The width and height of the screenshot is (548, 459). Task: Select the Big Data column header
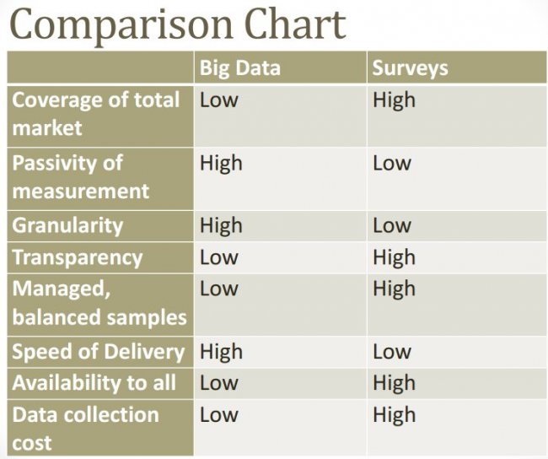point(239,68)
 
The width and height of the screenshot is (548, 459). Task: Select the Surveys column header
point(410,68)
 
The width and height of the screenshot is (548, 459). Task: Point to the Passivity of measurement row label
point(80,177)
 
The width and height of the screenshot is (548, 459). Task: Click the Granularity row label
point(67,225)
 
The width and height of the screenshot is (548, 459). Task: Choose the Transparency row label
point(77,257)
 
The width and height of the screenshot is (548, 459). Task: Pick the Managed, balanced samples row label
point(99,303)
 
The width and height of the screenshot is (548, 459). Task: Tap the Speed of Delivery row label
point(98,352)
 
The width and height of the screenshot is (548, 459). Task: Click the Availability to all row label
point(94,383)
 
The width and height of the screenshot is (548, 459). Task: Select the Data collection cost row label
point(85,429)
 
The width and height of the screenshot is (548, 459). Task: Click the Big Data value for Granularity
point(220,225)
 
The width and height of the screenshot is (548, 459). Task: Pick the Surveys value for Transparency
point(394,257)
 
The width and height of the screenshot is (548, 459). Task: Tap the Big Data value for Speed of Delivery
point(220,352)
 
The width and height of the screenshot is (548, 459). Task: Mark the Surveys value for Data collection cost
point(394,415)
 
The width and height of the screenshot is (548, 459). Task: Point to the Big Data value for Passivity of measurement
point(220,163)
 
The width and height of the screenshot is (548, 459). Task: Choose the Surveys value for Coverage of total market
point(394,100)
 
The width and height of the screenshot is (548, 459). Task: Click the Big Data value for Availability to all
point(218,383)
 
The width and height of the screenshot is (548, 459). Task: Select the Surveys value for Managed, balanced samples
point(394,289)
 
